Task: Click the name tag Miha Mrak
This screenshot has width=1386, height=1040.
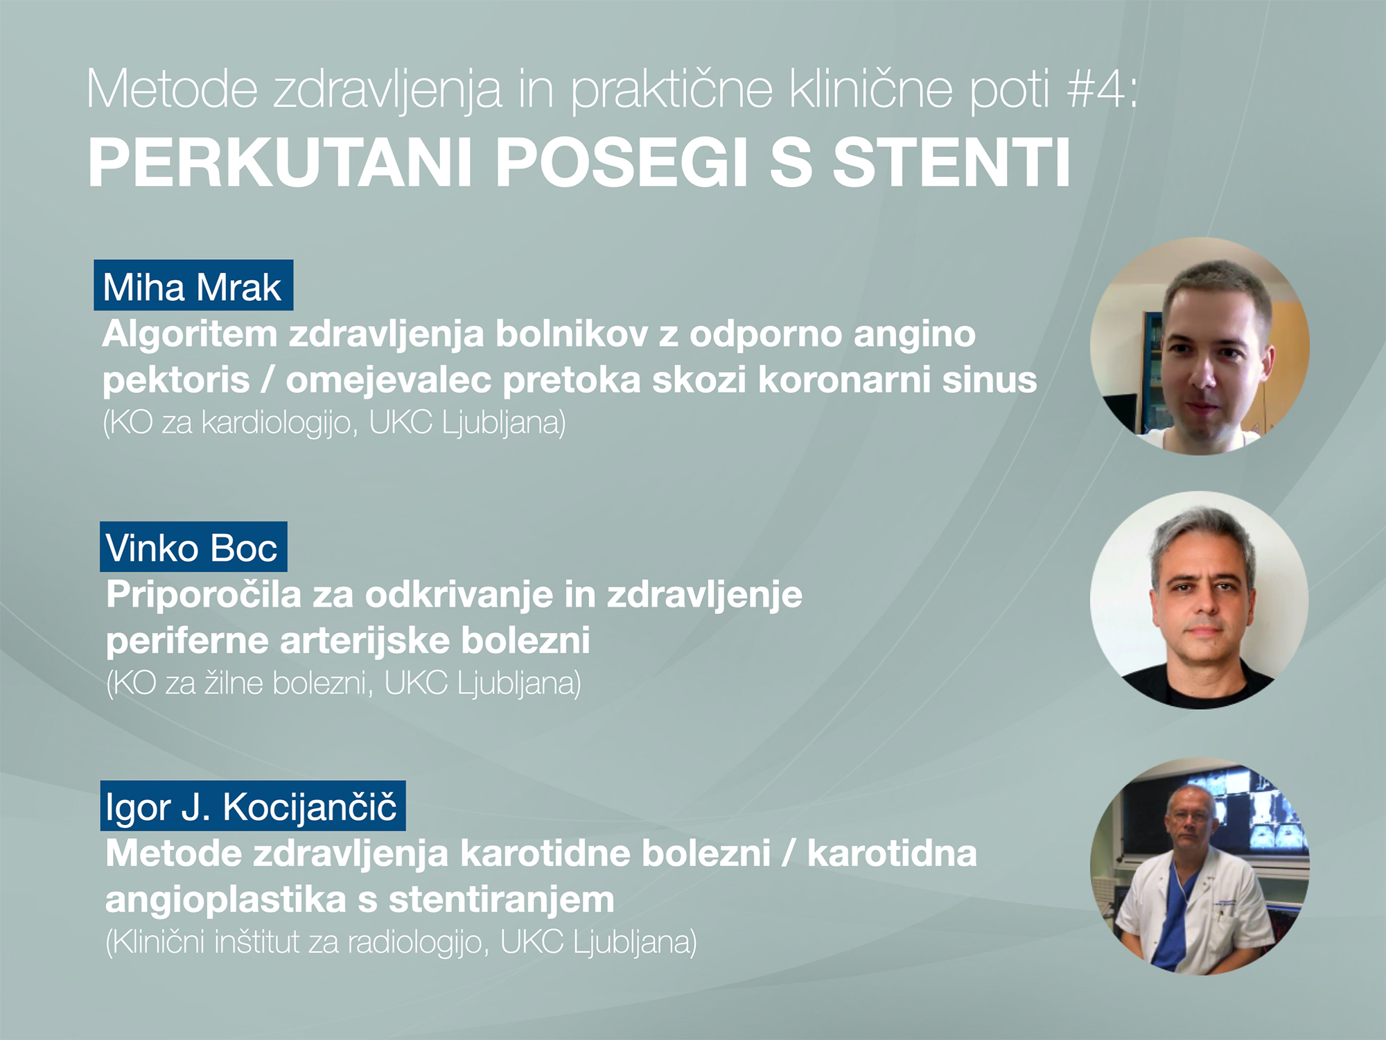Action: tap(193, 285)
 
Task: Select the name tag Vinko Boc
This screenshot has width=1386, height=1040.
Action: tap(193, 546)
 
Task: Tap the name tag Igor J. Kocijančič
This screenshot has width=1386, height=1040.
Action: tap(253, 806)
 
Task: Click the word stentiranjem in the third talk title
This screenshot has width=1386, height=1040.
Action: tap(501, 900)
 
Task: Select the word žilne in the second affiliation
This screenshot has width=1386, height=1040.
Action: tap(234, 684)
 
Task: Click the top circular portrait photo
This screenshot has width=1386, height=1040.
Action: tap(1200, 346)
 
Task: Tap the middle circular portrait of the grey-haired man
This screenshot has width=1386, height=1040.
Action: tap(1200, 600)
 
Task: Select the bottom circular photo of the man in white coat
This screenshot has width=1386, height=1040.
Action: tap(1200, 866)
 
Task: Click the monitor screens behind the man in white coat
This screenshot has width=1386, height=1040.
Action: tap(1254, 808)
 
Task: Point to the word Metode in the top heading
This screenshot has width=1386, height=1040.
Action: tap(172, 89)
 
